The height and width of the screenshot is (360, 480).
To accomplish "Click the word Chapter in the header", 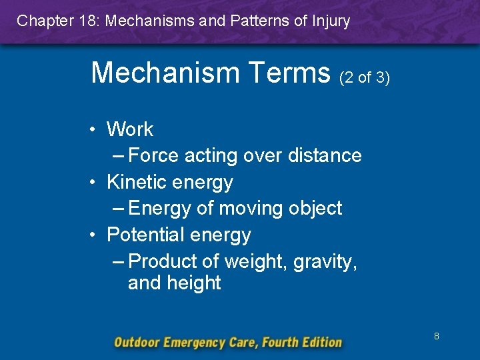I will click(43, 21).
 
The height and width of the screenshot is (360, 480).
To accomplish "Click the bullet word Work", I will click(130, 129).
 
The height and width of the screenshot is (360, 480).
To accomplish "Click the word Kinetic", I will click(137, 181).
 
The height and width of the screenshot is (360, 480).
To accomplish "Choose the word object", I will click(315, 208).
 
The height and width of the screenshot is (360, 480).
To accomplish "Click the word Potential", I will click(145, 235).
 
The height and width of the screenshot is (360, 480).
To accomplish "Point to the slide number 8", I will click(437, 337).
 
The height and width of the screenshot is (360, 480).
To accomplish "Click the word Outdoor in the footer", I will click(138, 343).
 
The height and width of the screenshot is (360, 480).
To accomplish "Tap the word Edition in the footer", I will click(319, 343).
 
